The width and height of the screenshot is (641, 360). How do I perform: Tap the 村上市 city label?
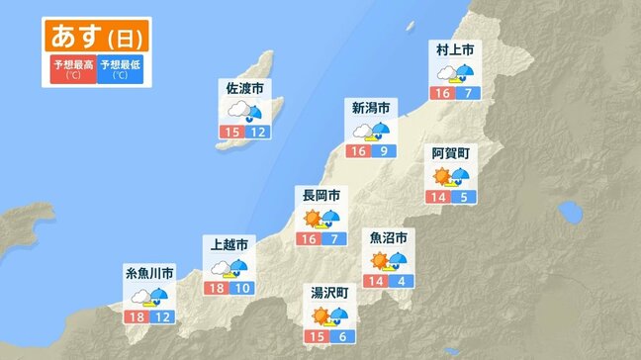[x=456, y=49]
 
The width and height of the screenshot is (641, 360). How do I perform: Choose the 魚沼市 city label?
[x=388, y=238]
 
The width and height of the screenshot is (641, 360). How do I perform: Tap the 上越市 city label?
[x=229, y=243]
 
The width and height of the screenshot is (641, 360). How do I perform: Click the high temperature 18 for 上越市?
[x=217, y=287]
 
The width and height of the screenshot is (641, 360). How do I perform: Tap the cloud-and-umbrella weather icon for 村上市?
[x=455, y=72]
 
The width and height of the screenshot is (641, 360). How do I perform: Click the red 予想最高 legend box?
[x=72, y=69]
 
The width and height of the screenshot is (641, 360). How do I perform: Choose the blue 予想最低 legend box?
[x=120, y=69]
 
